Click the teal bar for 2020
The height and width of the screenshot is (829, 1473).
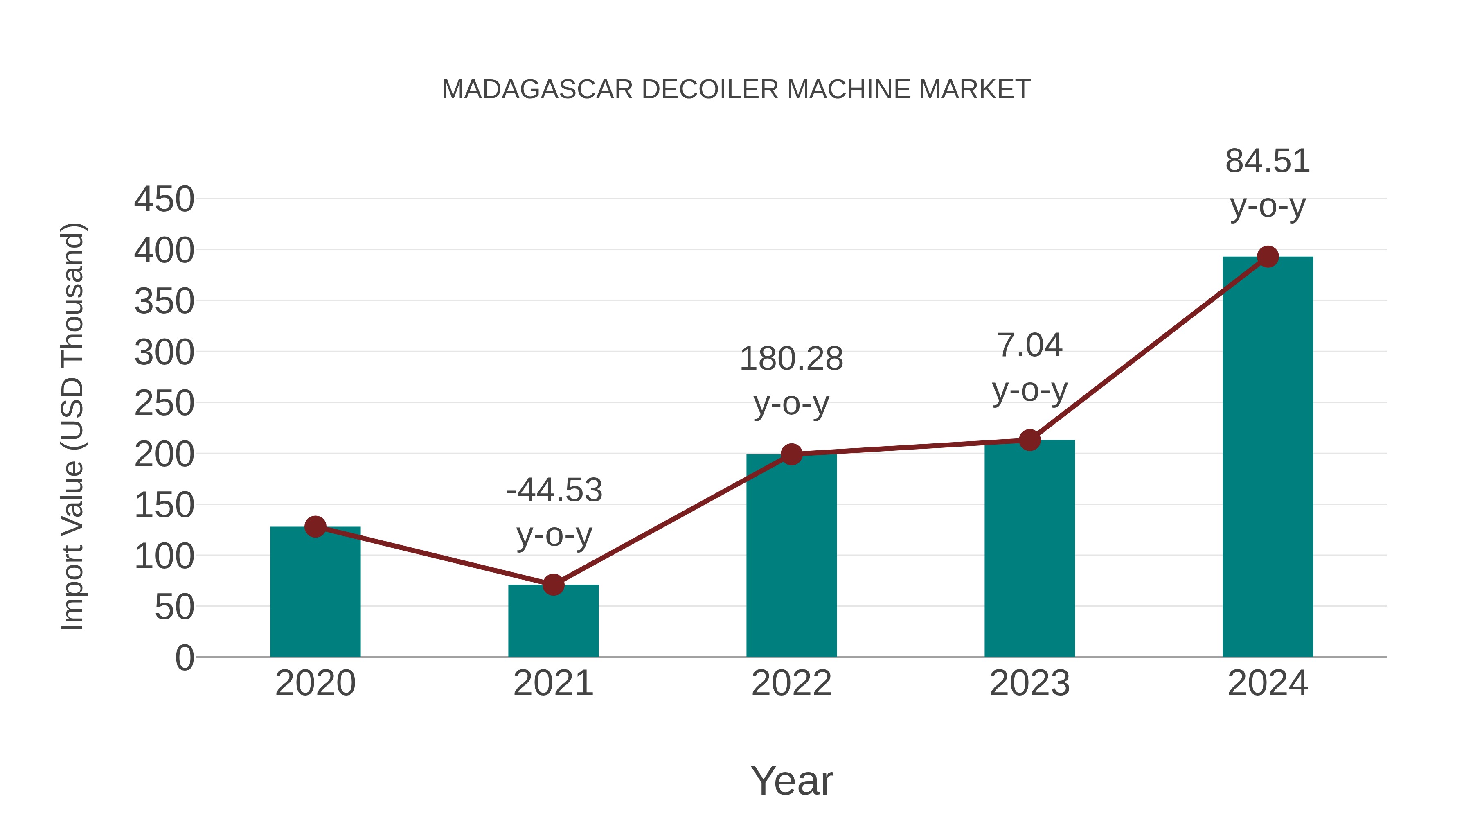[315, 592]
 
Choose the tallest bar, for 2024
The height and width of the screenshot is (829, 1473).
[1268, 457]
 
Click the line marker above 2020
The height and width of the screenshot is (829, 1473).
[315, 527]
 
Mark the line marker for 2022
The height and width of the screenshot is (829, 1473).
[791, 454]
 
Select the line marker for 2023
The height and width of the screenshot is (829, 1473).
[1029, 440]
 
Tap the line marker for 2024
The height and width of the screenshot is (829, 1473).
[1268, 257]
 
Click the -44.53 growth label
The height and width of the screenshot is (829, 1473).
[554, 491]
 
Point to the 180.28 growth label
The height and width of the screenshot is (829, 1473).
[791, 359]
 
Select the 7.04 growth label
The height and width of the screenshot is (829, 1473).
[1029, 346]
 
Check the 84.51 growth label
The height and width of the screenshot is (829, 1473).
[1268, 161]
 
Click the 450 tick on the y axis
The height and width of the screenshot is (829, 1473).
[164, 200]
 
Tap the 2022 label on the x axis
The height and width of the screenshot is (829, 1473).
[791, 683]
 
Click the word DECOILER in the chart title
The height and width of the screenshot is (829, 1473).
[709, 90]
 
